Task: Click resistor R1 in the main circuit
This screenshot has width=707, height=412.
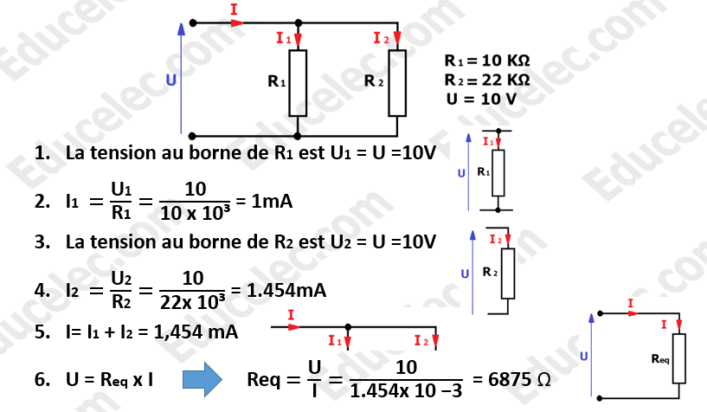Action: pos(299,83)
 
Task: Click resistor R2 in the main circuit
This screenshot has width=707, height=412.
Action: pos(397,83)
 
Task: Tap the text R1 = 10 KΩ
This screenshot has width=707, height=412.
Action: pos(486,62)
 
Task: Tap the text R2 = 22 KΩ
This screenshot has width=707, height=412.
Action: pos(486,80)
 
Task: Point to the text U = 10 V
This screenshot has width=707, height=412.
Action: pos(481,99)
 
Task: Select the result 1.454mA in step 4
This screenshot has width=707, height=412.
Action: pos(286,292)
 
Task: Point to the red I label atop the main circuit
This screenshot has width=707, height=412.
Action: pos(235,9)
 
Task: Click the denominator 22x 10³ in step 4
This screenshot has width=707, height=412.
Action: pos(192,303)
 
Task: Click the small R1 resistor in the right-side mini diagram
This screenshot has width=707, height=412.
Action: pos(498,171)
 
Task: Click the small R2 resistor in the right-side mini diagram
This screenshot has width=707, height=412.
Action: pos(508,273)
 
